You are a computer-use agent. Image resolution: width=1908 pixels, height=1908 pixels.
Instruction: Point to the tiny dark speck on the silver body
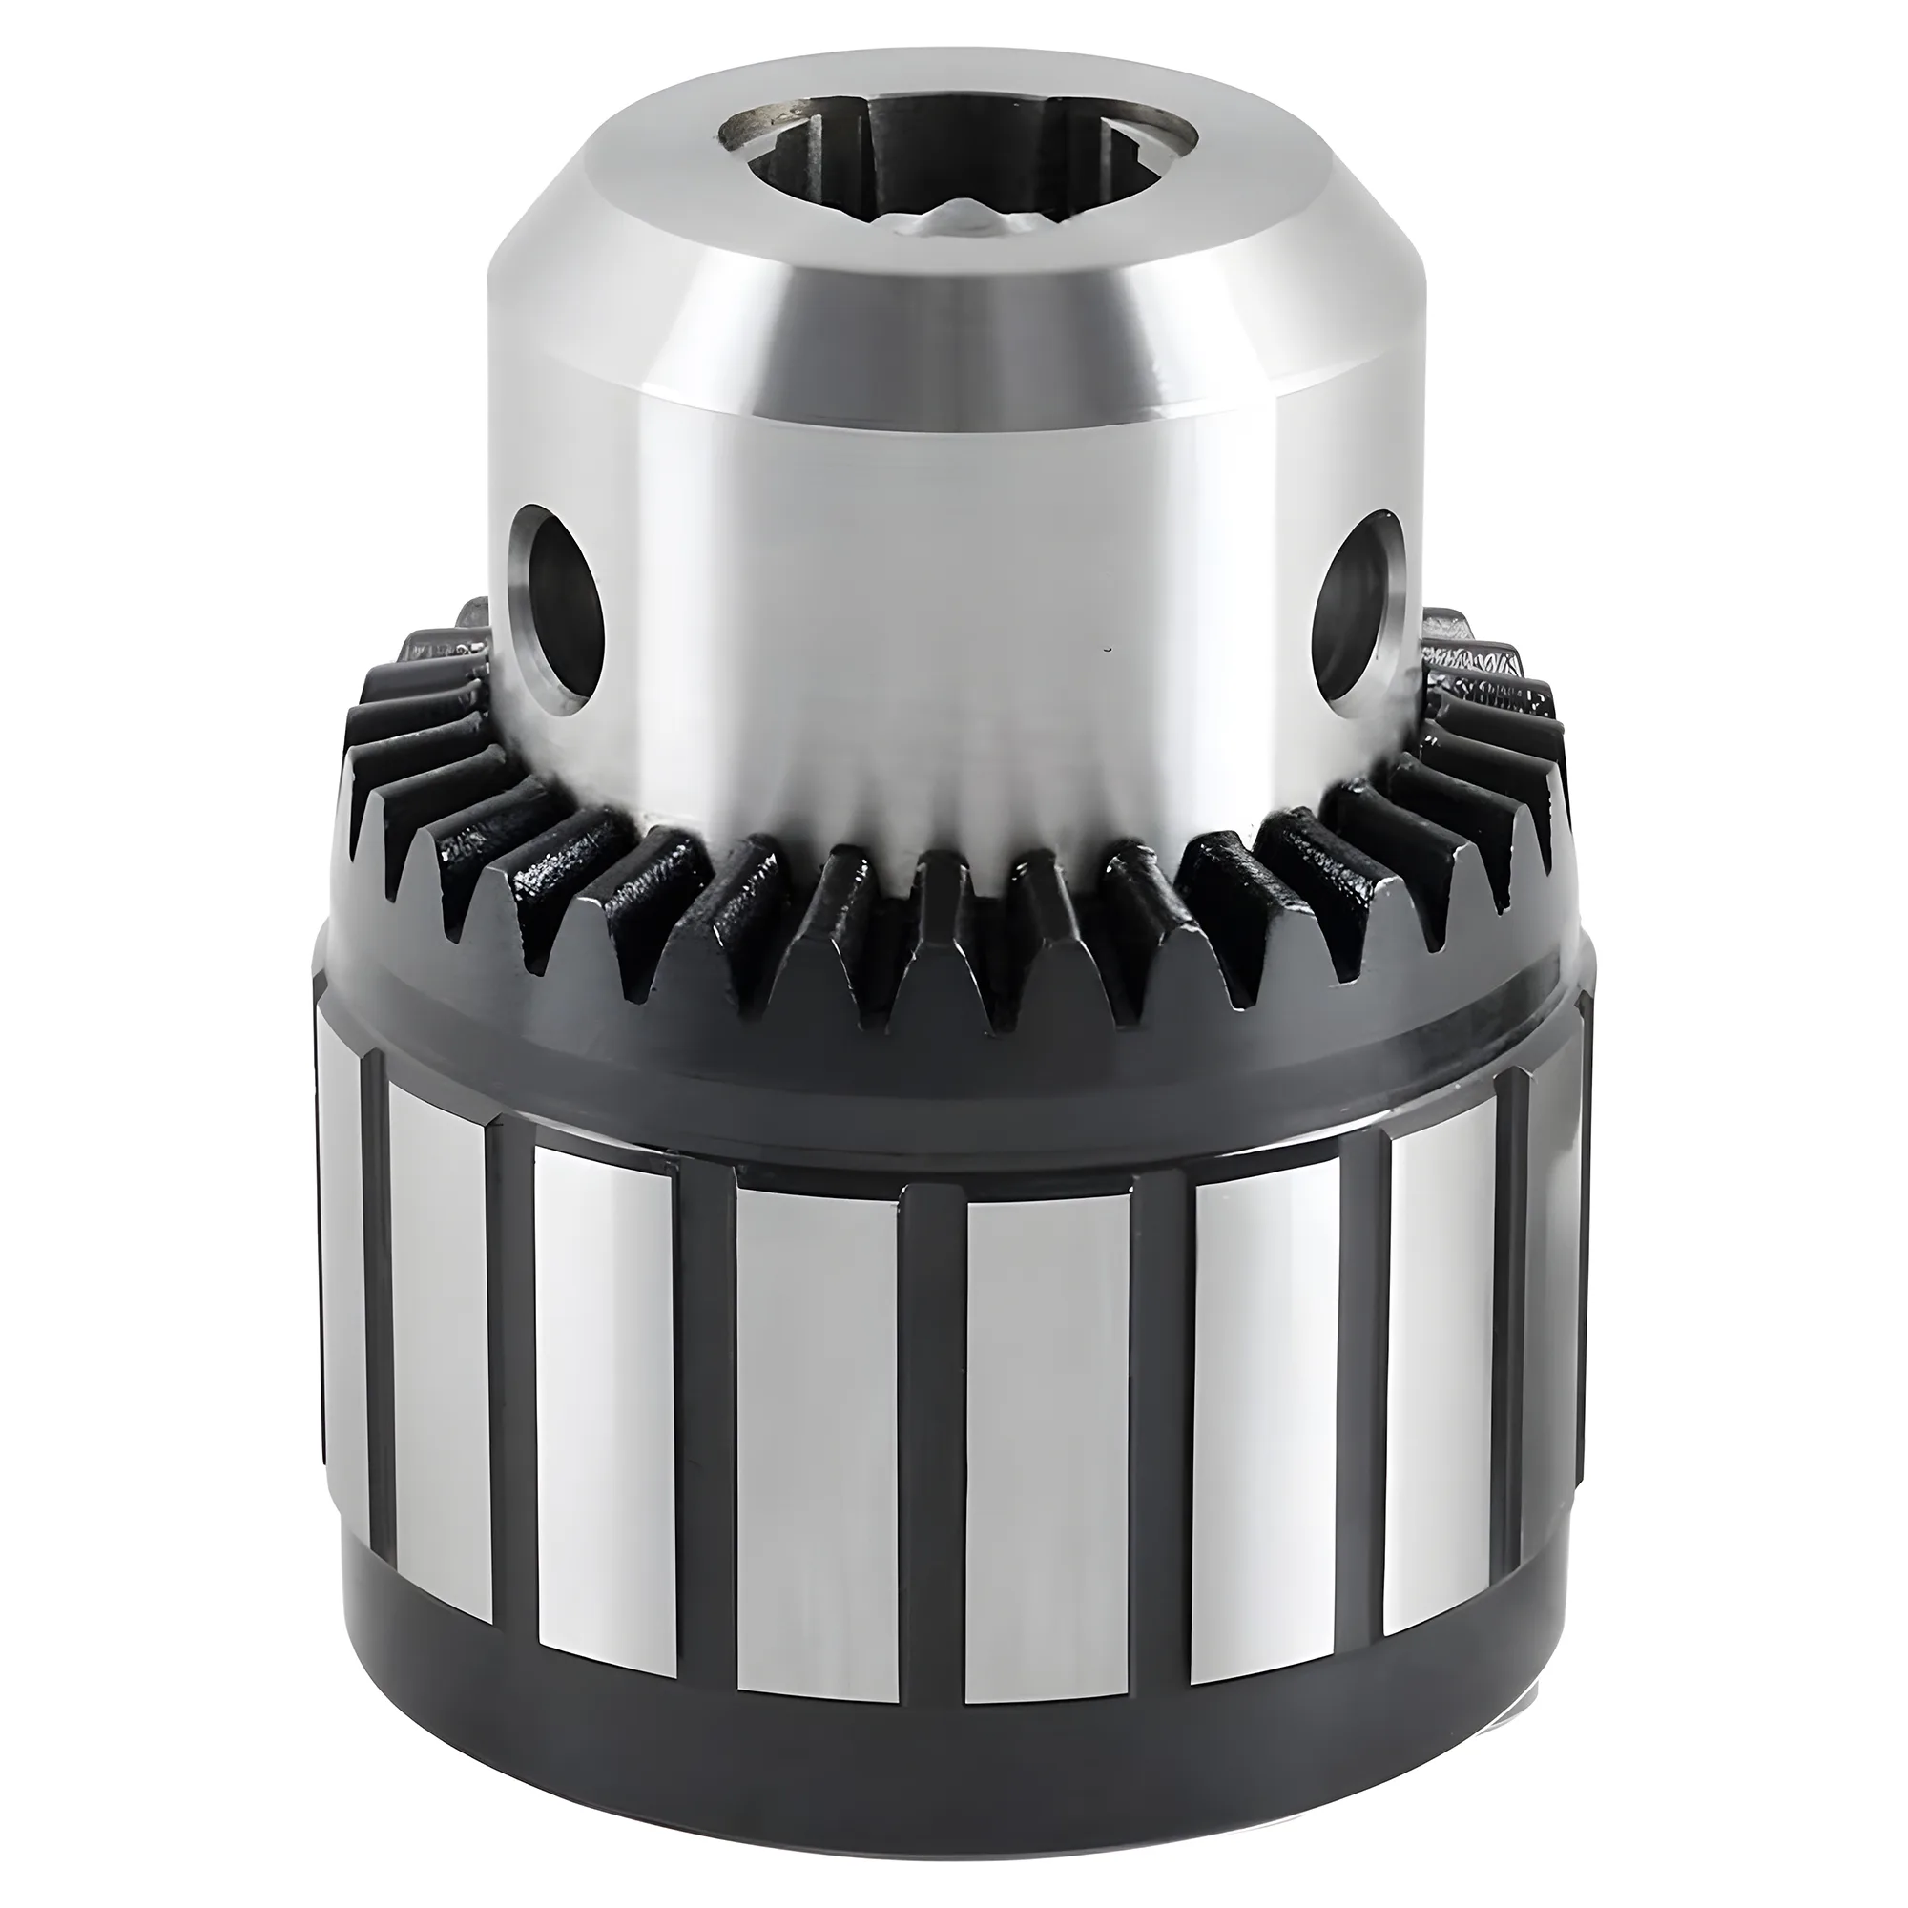[1107, 649]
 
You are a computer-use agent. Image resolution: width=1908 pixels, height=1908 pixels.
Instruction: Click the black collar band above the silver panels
[948, 1067]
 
